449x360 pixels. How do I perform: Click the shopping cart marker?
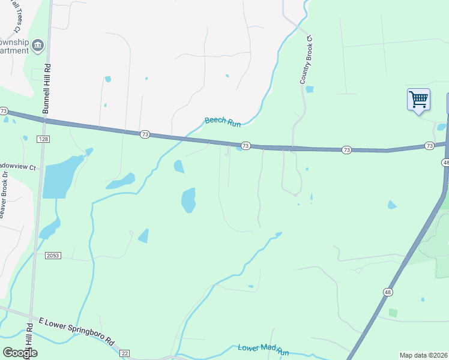(x=418, y=99)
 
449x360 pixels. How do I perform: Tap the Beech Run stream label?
(x=223, y=121)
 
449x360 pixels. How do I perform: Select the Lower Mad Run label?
(x=263, y=348)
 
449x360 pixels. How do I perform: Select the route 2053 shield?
(x=53, y=255)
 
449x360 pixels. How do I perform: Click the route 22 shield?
(x=125, y=353)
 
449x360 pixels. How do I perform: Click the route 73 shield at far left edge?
(x=4, y=112)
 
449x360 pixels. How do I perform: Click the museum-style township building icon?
(x=38, y=46)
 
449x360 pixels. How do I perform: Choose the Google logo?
(x=20, y=353)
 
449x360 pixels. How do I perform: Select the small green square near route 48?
(x=393, y=313)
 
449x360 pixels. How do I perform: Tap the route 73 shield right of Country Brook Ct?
(x=346, y=149)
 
